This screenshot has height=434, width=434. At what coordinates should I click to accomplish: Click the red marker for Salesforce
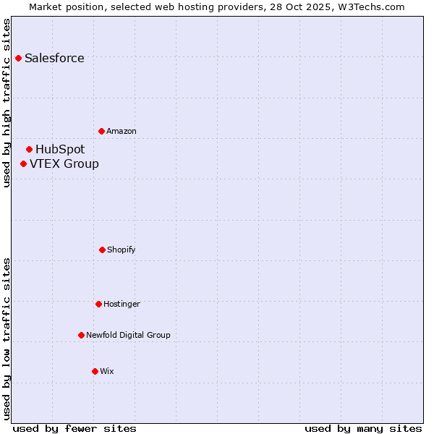[x=18, y=58]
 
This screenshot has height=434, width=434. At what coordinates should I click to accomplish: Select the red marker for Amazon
[x=101, y=131]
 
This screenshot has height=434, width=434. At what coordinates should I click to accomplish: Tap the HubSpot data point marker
[x=29, y=149]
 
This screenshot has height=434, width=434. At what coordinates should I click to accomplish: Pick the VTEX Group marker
[x=23, y=163]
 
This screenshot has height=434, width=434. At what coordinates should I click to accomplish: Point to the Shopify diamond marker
[x=102, y=250]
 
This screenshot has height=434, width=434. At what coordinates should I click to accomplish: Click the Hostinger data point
[x=98, y=304]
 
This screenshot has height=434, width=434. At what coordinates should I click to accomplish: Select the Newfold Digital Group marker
[x=81, y=335]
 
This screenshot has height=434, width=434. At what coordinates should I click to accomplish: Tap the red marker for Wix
[x=95, y=371]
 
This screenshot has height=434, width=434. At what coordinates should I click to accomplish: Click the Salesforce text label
[x=54, y=59]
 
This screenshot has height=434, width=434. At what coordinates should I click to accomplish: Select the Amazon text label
[x=122, y=132]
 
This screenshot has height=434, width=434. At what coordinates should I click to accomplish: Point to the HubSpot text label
[x=60, y=150]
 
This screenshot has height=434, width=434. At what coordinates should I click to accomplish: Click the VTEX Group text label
[x=64, y=164]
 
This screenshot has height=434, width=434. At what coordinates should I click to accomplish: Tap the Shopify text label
[x=122, y=250]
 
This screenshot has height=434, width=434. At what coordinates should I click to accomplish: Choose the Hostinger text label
[x=122, y=305]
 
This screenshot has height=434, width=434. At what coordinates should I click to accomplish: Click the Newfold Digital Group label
[x=128, y=336]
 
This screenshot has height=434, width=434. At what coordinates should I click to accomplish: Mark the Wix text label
[x=107, y=372]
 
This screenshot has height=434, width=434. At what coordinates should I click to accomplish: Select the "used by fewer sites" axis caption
[x=75, y=429]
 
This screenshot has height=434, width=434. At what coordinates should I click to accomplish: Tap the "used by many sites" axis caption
[x=363, y=429]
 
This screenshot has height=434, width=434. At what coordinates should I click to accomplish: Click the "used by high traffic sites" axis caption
[x=7, y=103]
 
